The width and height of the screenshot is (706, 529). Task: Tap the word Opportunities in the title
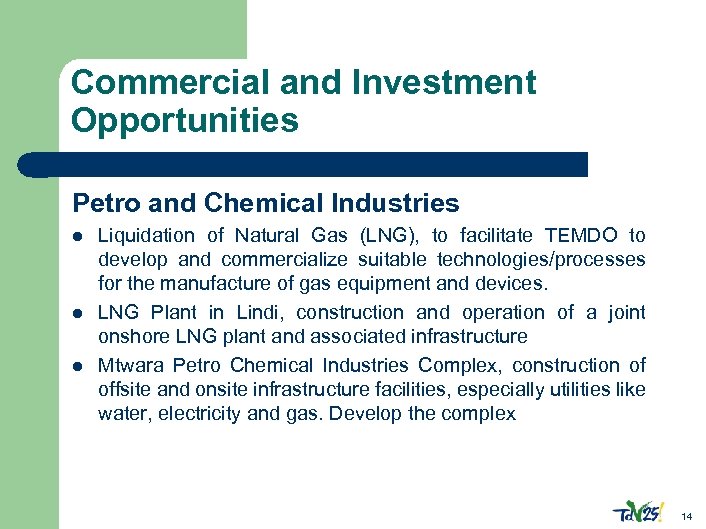pyautogui.click(x=185, y=121)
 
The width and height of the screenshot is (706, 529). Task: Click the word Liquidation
pyautogui.click(x=147, y=236)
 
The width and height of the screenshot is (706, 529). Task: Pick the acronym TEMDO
pyautogui.click(x=582, y=236)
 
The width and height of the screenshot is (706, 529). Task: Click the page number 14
pyautogui.click(x=686, y=516)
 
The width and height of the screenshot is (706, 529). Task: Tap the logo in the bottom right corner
pyautogui.click(x=637, y=509)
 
